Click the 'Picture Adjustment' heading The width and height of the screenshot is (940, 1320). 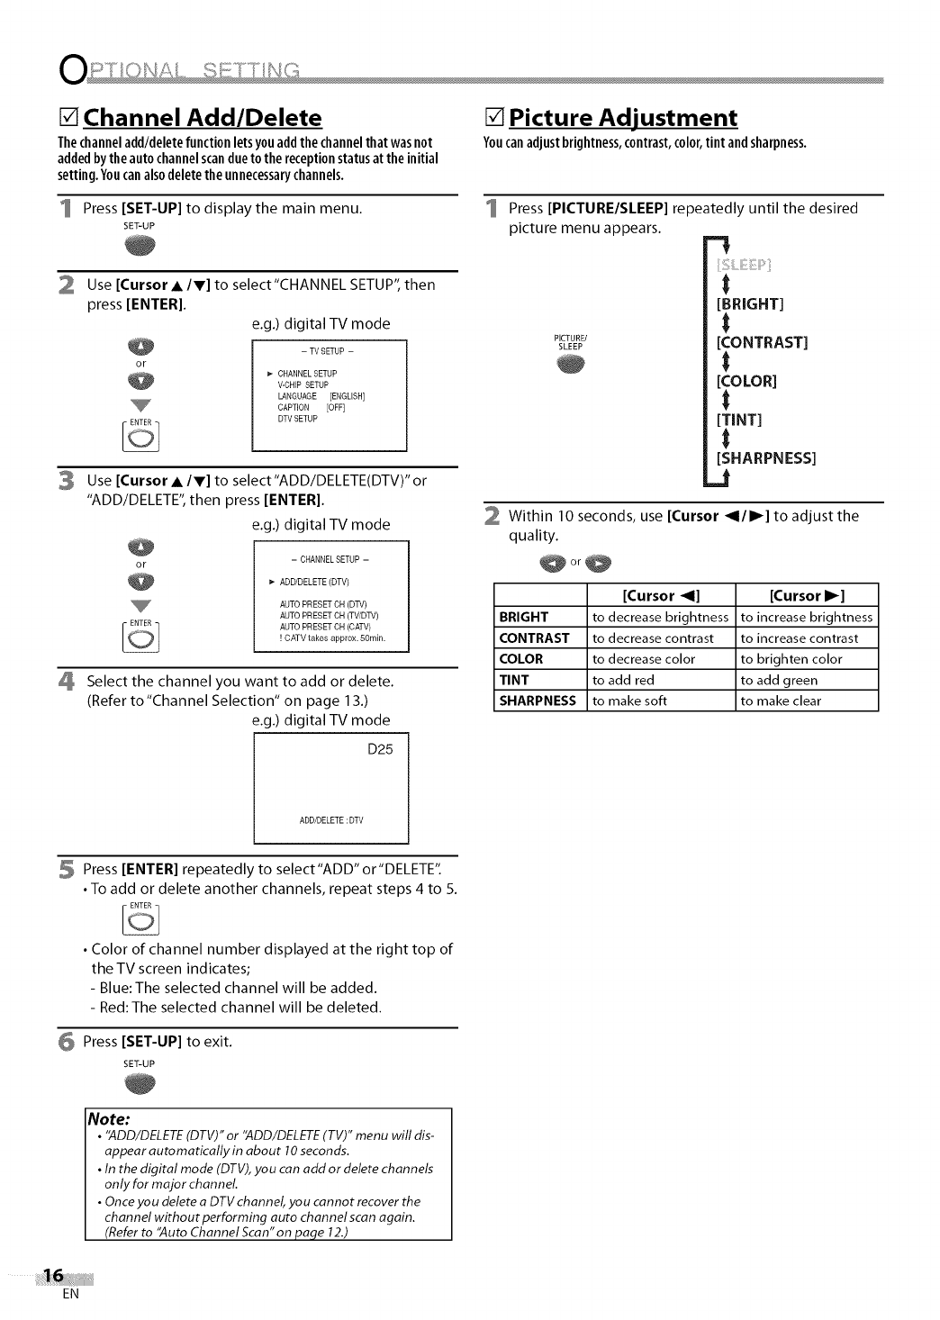pos(622,118)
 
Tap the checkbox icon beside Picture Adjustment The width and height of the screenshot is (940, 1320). pos(493,118)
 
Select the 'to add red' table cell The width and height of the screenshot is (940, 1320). pos(623,680)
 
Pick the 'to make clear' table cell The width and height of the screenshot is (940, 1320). pos(781,701)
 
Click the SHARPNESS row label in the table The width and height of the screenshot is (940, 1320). pos(538,701)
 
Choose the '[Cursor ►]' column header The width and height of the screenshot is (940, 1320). pos(806,595)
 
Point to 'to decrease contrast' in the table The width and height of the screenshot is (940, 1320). pos(653,638)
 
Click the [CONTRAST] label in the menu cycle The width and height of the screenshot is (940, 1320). pos(762,342)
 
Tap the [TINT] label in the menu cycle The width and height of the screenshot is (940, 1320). pos(739,420)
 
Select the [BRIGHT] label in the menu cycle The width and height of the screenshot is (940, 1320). pos(750,303)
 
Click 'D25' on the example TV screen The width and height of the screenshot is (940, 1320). pos(381,749)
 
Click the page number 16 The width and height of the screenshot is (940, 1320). pos(53,1275)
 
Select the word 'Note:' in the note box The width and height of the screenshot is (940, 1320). pos(109,1119)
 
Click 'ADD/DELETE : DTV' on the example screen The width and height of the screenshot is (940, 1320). pos(330,820)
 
